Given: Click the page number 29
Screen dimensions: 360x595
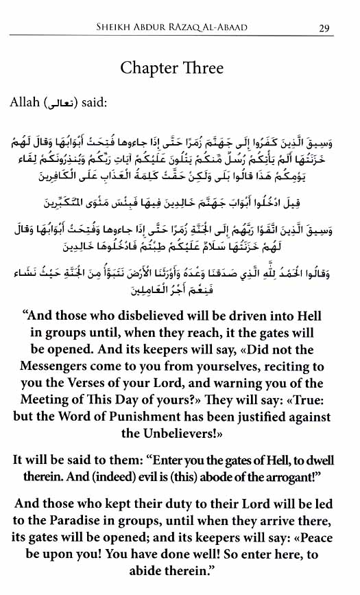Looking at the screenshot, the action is [325, 28].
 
